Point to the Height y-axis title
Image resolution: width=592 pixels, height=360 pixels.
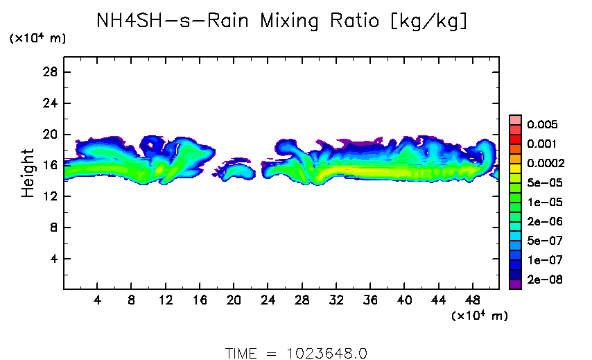pos(28,173)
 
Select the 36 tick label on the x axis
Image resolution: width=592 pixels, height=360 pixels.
pos(371,302)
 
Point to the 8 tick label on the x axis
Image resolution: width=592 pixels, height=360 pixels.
pos(132,302)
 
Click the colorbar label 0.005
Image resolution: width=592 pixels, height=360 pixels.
pos(541,125)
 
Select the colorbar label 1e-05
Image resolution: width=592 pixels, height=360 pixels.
pos(541,203)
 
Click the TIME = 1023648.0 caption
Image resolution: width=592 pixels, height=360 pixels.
pos(296,352)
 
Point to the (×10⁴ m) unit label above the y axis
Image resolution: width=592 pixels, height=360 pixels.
pos(37,39)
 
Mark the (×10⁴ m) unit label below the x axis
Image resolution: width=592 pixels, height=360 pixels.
pos(479,316)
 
